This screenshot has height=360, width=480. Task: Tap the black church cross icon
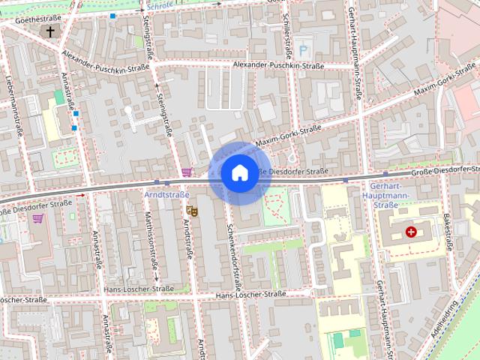[51, 32]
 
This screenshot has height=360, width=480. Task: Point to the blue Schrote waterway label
[160, 4]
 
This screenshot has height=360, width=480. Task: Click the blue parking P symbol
[304, 50]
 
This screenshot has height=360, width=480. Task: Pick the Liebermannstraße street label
[15, 104]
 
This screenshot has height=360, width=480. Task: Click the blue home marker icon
[239, 173]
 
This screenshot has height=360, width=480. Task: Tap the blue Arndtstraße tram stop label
[166, 193]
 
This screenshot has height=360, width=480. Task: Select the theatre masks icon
[191, 211]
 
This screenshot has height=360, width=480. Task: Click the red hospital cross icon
[411, 232]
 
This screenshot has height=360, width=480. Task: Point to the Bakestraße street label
[448, 232]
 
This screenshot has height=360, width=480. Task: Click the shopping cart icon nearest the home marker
[186, 172]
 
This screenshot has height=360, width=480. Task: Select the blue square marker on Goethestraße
[112, 16]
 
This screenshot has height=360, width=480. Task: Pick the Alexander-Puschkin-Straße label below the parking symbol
[278, 66]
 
